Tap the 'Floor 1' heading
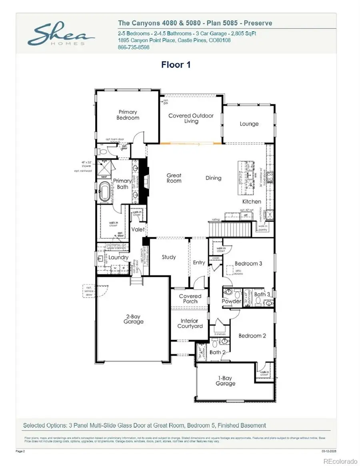[x=176, y=65]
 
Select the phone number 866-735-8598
[x=133, y=47]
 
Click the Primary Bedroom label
[x=128, y=115]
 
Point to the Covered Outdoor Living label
[x=191, y=118]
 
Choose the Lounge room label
[x=249, y=124]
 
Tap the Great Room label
[x=174, y=178]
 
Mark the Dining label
[x=213, y=178]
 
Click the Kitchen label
[x=252, y=202]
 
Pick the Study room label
[x=168, y=257]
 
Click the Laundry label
[x=119, y=258]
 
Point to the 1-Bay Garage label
[x=225, y=380]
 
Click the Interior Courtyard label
[x=190, y=324]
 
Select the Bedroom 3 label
[x=248, y=264]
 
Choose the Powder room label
[x=232, y=301]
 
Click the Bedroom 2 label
[x=252, y=336]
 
